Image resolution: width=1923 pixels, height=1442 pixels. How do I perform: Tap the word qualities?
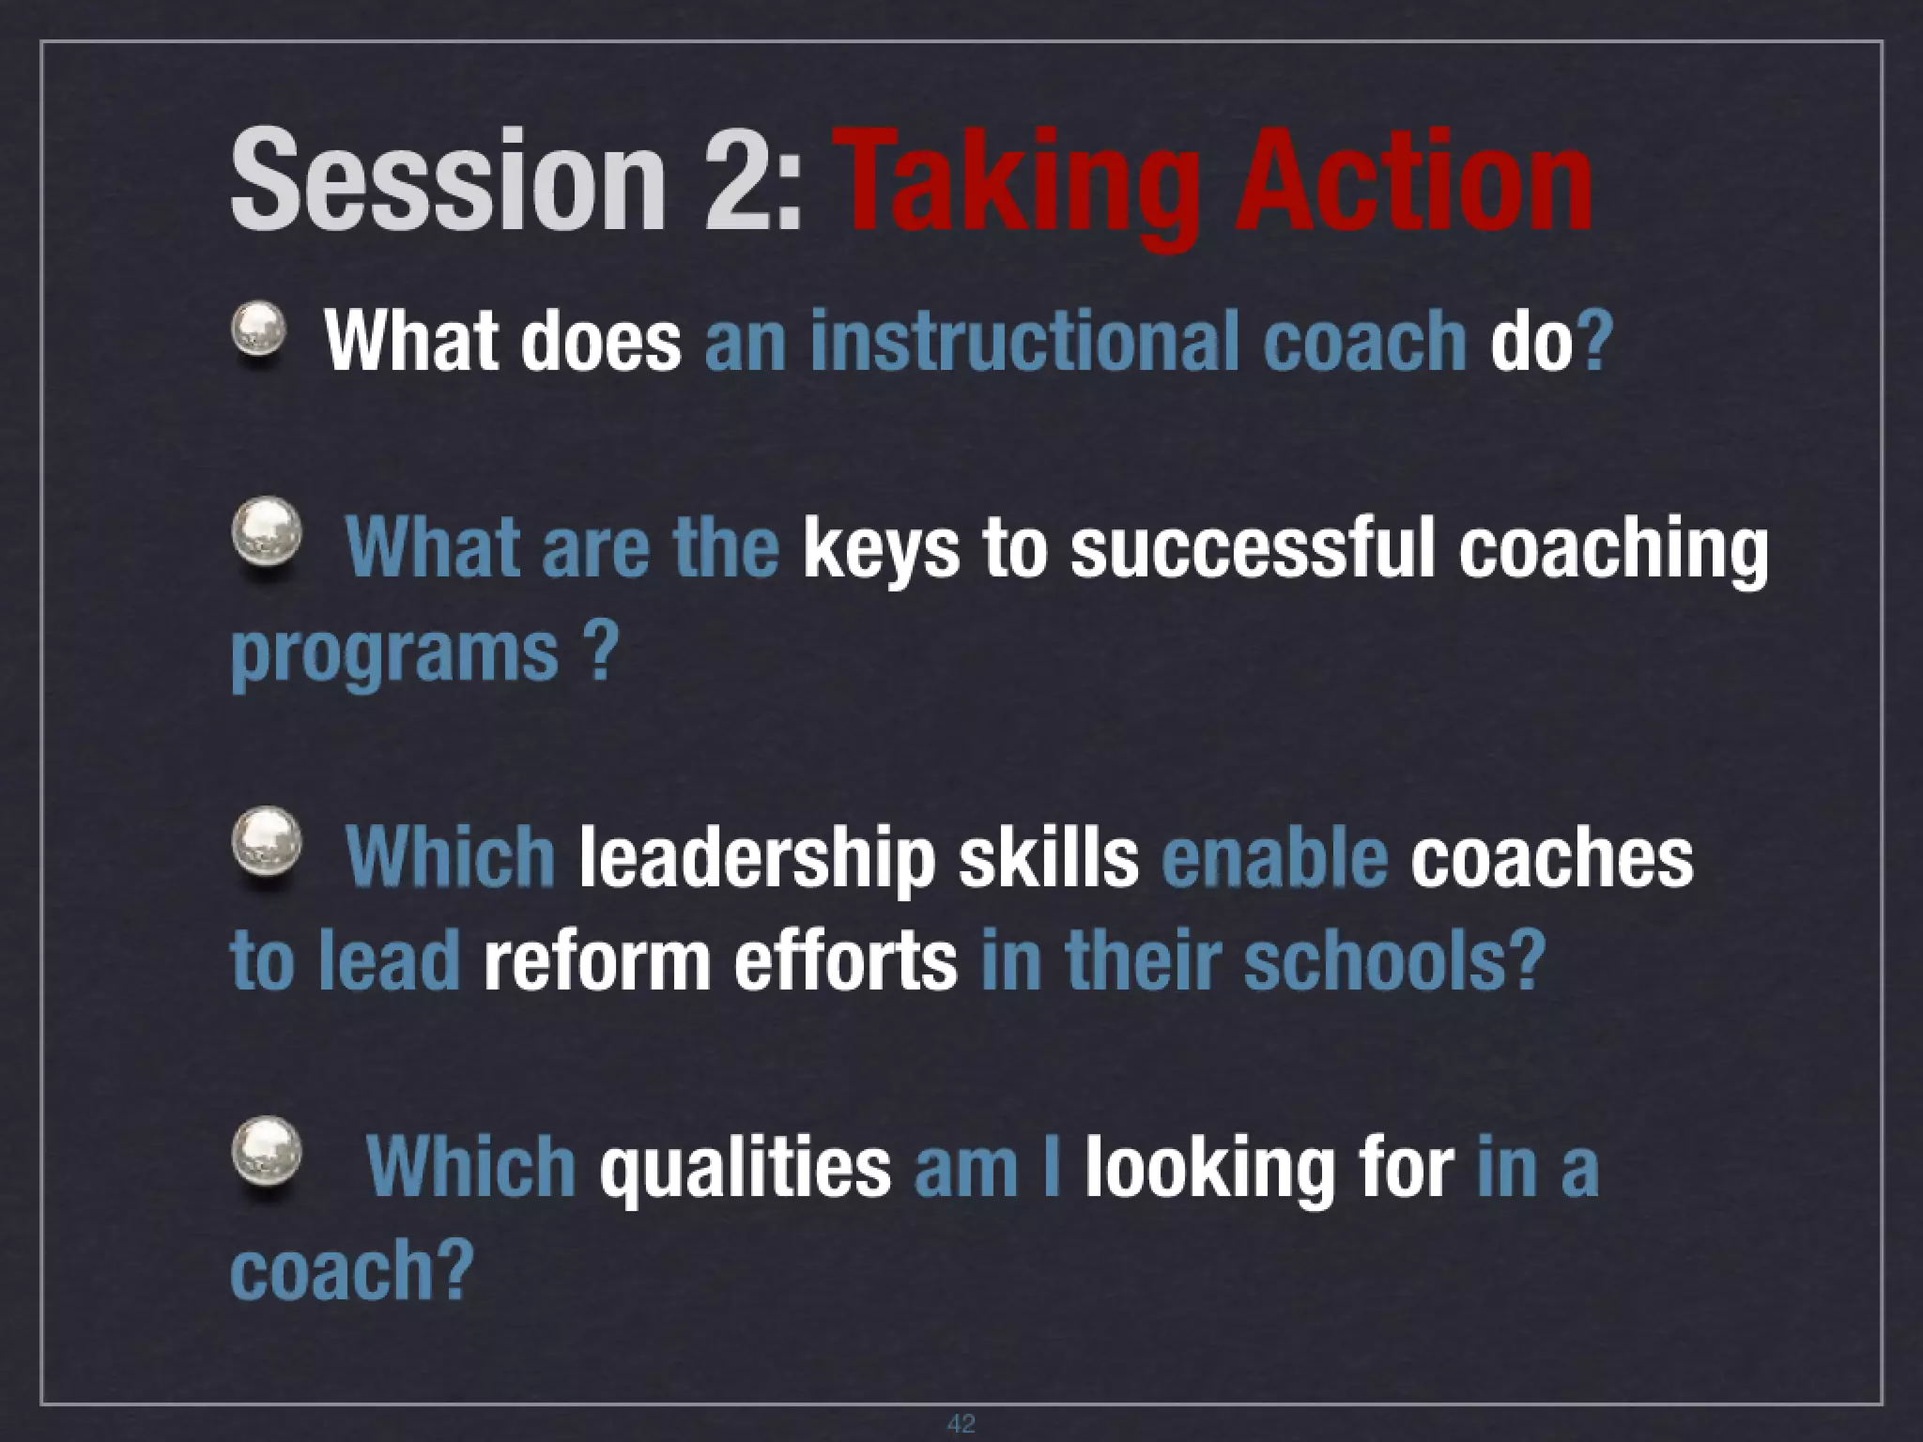pyautogui.click(x=746, y=1169)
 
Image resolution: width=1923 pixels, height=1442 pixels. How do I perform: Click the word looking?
pyautogui.click(x=1209, y=1169)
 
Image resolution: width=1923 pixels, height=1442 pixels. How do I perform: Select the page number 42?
pyautogui.click(x=961, y=1423)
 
